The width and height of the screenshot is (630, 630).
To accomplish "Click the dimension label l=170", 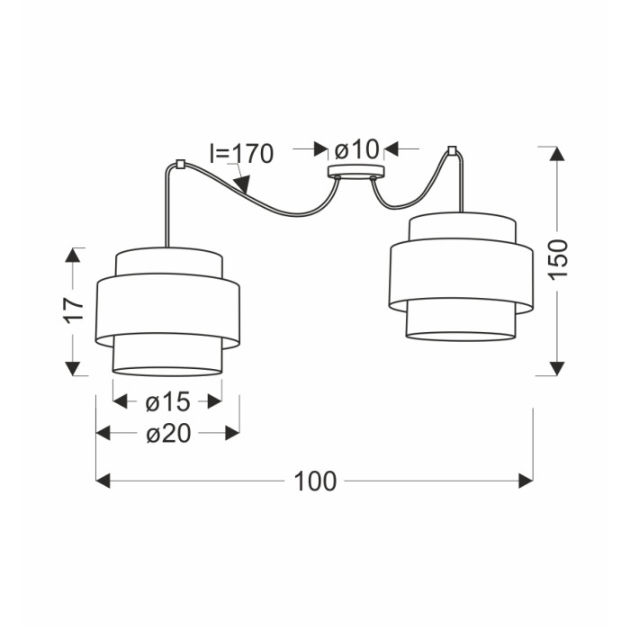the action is (x=241, y=153).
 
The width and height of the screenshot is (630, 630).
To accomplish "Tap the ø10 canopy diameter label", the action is (x=356, y=149).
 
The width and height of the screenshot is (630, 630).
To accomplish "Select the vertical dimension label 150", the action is (x=558, y=259).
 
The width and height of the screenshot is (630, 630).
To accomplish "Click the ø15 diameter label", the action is (x=167, y=401).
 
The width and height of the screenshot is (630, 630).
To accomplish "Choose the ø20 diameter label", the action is (x=168, y=434).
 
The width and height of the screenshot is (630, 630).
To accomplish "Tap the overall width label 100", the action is (x=315, y=481).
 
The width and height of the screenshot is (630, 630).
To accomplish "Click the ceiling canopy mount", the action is (x=356, y=172).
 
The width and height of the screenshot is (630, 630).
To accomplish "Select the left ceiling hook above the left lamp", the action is (x=180, y=165).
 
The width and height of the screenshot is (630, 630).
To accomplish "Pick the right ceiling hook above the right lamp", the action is (x=452, y=150).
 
